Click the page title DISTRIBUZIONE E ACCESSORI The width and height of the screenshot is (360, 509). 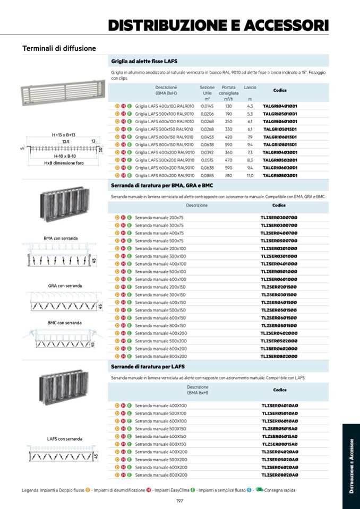point(218,25)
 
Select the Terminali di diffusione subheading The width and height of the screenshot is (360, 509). point(59,48)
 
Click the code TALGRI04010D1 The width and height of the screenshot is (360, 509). point(279,106)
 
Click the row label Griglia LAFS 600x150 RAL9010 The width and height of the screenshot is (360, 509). point(164,137)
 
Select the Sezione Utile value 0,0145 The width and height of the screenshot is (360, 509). point(207,106)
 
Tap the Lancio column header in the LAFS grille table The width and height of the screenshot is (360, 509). point(250,87)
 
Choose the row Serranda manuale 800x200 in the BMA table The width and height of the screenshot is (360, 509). point(160,356)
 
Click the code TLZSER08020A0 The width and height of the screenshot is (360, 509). point(279,475)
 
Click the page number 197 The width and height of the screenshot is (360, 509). point(179,501)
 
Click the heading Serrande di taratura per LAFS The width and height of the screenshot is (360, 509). point(148,367)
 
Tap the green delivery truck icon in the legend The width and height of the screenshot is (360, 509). point(259,490)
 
